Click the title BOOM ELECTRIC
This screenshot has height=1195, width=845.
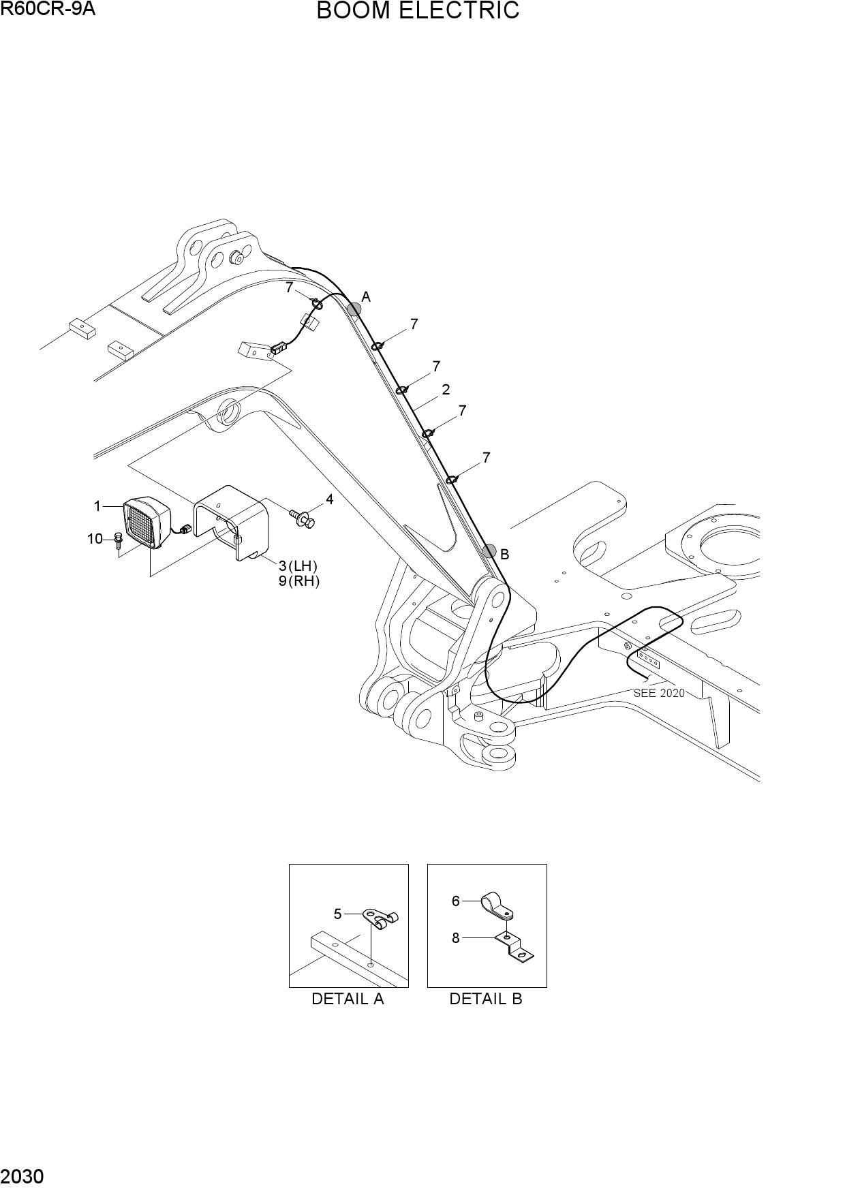[x=418, y=11]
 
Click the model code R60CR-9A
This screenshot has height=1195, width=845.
[x=48, y=9]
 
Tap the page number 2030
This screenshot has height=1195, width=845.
[x=22, y=1182]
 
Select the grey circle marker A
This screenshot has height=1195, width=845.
[x=354, y=309]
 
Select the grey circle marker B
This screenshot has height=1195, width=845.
[x=489, y=551]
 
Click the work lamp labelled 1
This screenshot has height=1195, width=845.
[x=146, y=521]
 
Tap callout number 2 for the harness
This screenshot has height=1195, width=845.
[x=446, y=390]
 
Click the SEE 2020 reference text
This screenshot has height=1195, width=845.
[x=659, y=693]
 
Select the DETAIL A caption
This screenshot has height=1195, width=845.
[x=348, y=999]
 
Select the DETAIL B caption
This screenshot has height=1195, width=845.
[x=486, y=999]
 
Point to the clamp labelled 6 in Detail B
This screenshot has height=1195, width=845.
[x=496, y=905]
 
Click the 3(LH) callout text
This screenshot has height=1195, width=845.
[x=298, y=565]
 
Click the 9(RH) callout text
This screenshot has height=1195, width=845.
[x=298, y=581]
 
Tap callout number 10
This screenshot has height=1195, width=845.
[x=95, y=539]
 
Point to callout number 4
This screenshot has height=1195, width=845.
[x=329, y=500]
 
